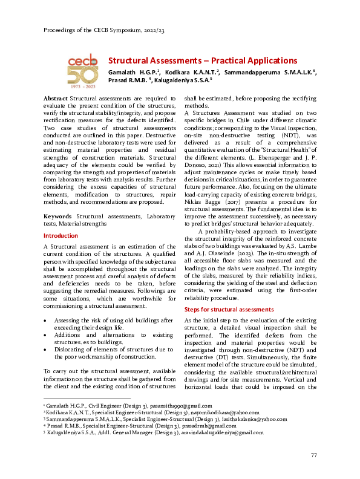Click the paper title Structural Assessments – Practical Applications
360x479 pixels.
tap(202, 60)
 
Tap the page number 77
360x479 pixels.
tap(313, 455)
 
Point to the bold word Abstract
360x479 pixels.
tap(56, 97)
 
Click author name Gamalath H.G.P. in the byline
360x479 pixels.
tap(132, 72)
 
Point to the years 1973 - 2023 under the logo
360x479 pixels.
tap(82, 87)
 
